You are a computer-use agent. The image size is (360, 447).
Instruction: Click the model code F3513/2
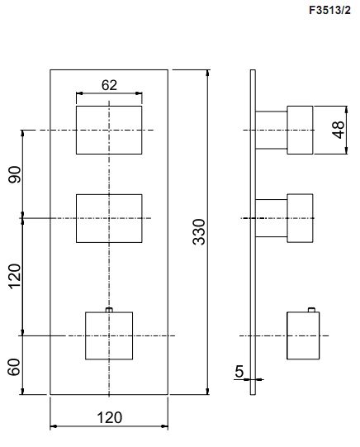329,10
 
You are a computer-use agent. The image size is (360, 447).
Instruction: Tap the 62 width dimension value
109,85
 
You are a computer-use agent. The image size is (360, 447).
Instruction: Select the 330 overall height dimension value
199,232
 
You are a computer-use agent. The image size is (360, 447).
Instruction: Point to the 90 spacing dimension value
15,174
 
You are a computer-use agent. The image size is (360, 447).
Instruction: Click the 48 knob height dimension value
339,130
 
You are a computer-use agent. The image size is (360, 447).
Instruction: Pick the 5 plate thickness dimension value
239,371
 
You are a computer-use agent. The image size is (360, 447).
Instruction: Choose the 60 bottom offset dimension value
14,367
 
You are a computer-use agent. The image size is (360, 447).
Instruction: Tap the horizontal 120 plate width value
109,417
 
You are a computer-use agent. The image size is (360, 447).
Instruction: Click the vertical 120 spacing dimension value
15,276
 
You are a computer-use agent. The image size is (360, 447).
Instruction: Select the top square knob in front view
109,130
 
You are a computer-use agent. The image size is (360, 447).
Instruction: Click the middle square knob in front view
109,218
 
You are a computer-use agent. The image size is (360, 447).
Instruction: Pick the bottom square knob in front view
109,335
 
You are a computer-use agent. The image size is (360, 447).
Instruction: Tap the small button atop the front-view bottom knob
109,310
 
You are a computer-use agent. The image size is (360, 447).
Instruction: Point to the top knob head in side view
300,130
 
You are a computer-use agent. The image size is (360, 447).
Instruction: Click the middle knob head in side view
300,218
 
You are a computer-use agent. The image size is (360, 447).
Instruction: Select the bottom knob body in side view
303,335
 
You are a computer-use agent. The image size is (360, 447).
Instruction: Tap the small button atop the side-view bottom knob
311,310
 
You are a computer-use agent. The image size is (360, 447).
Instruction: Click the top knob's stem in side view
271,130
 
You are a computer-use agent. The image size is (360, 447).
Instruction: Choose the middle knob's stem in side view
271,218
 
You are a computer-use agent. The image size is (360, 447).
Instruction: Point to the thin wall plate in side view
253,232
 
